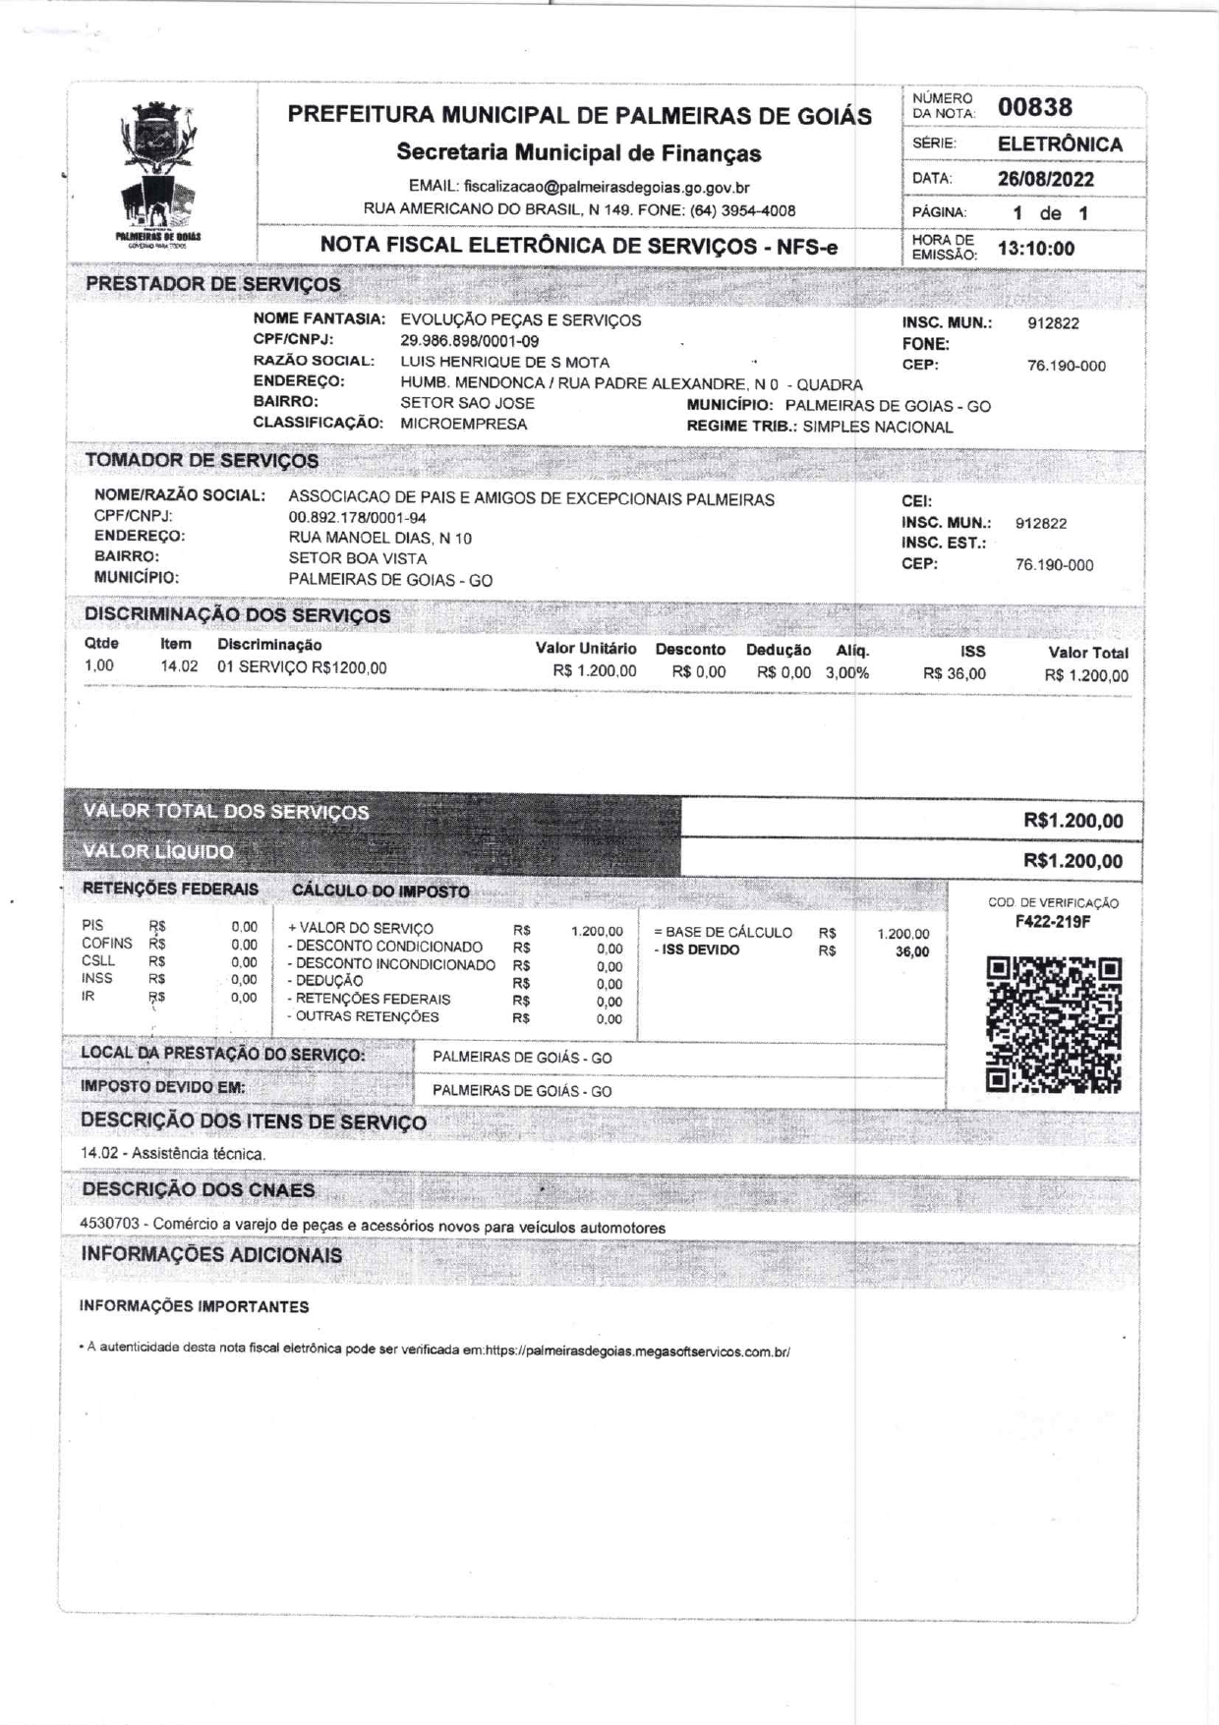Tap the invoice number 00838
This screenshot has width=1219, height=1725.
[1035, 107]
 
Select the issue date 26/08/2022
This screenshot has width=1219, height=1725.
[1045, 179]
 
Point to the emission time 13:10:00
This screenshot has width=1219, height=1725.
[1036, 249]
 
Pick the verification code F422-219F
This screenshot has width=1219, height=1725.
[1053, 922]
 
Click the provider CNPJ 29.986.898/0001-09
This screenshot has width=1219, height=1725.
[469, 341]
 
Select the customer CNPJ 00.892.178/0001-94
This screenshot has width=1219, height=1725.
[357, 518]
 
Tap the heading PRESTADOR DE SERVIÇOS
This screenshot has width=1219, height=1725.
[212, 284]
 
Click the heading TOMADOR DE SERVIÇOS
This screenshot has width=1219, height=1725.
[202, 460]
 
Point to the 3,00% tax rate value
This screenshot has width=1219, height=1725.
[846, 673]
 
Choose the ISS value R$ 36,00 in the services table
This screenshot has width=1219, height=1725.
[954, 674]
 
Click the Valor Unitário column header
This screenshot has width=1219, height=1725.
[585, 649]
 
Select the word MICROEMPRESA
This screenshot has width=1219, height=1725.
[463, 425]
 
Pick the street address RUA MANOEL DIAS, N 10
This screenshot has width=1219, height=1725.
[379, 539]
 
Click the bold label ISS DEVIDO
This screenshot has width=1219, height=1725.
[700, 950]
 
